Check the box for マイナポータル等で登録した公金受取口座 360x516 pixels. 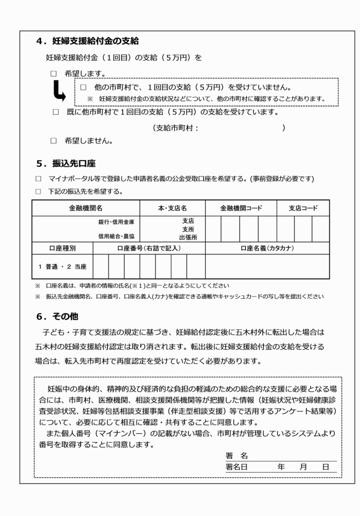[x=38, y=179]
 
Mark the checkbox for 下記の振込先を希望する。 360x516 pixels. [x=38, y=191]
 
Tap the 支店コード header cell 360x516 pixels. [x=303, y=209]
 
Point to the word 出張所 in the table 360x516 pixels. [x=189, y=236]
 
